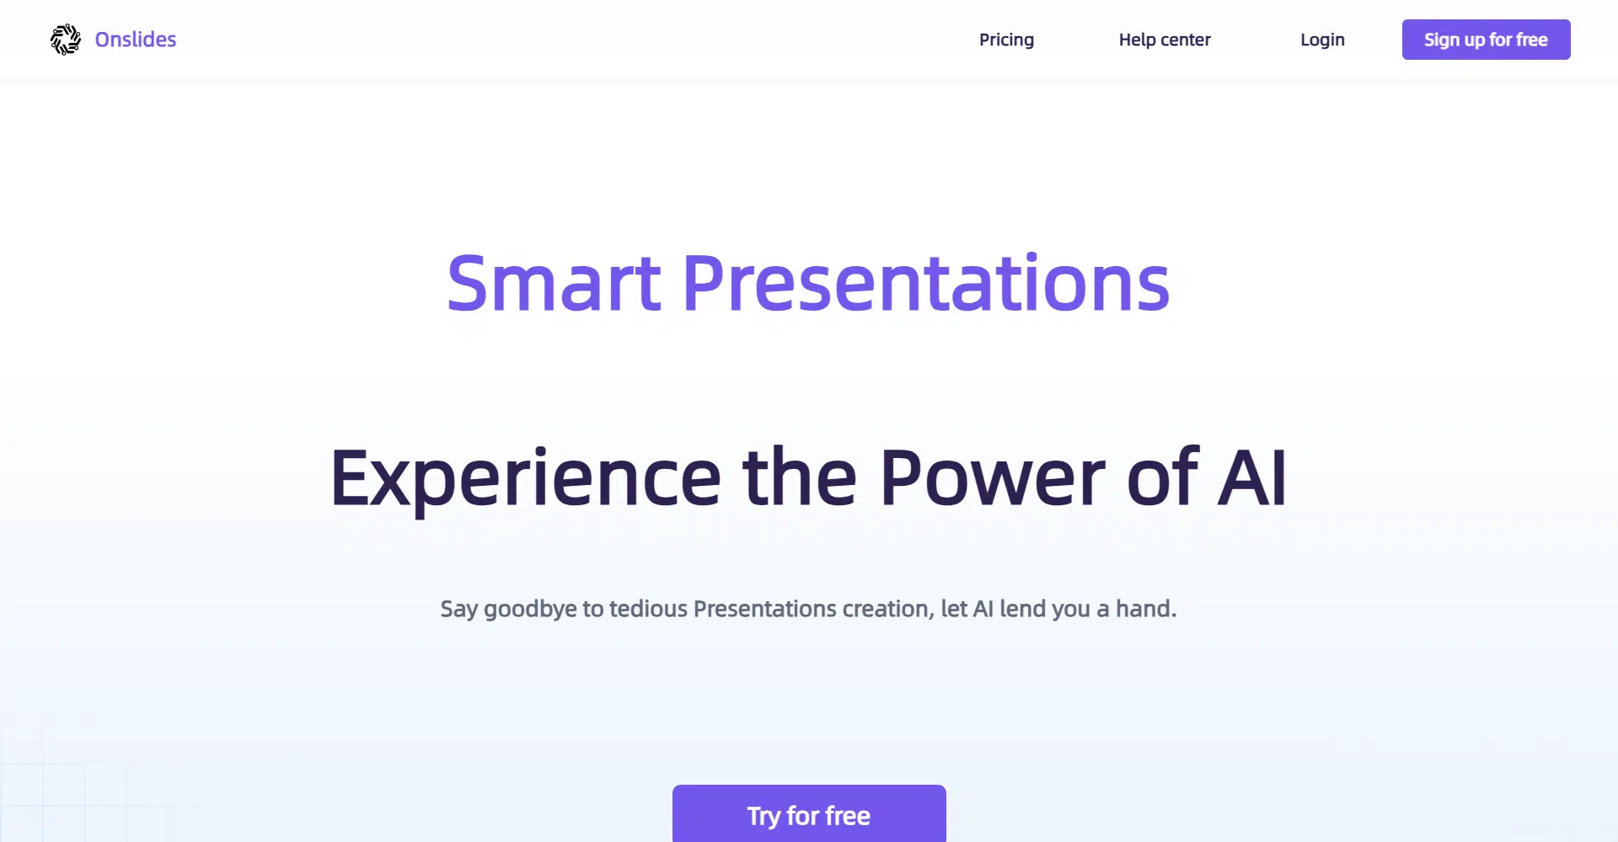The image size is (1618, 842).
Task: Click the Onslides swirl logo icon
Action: pyautogui.click(x=66, y=40)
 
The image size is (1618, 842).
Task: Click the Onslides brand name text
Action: pyautogui.click(x=136, y=40)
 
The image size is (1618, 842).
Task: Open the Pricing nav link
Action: pyautogui.click(x=1006, y=40)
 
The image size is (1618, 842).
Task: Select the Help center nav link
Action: pyautogui.click(x=1165, y=40)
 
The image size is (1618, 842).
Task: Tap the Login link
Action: pyautogui.click(x=1322, y=40)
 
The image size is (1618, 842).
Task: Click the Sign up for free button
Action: pyautogui.click(x=1486, y=40)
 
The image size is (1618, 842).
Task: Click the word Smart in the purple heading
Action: pyautogui.click(x=554, y=283)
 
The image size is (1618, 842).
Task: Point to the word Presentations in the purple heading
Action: pyautogui.click(x=926, y=283)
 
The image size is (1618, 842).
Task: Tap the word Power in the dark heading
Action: pyautogui.click(x=992, y=477)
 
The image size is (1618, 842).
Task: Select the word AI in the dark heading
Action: pyautogui.click(x=1252, y=477)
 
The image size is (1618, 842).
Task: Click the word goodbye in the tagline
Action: pyautogui.click(x=530, y=609)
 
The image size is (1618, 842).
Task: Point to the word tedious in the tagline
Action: pyautogui.click(x=648, y=608)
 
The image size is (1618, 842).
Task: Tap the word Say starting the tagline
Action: pyautogui.click(x=459, y=609)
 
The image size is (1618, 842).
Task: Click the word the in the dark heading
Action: pyautogui.click(x=800, y=477)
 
